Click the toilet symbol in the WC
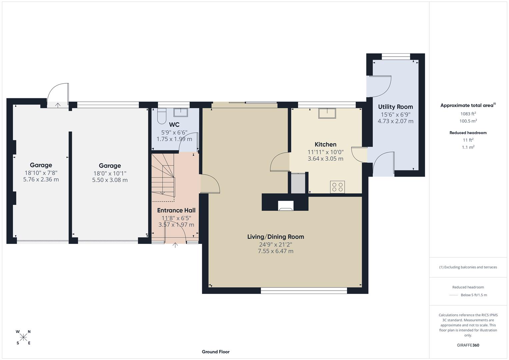pos(161,115)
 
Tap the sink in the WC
pos(181,112)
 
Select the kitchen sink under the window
pos(327,113)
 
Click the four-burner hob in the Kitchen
pos(337,187)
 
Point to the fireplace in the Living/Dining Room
pos(286,206)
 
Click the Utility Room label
pos(395,107)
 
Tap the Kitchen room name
pos(325,144)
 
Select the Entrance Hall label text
pos(176,210)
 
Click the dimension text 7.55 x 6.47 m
pos(275,251)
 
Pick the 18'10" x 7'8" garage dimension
pos(41,173)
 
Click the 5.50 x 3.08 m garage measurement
pos(110,180)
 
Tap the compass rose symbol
pos(23,337)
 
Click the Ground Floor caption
pos(216,352)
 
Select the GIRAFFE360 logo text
pos(468,345)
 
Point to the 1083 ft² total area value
pos(468,114)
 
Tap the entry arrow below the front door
pos(175,245)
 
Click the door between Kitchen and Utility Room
pos(359,154)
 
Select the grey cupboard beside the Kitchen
pos(298,183)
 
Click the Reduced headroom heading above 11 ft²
pos(468,133)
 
